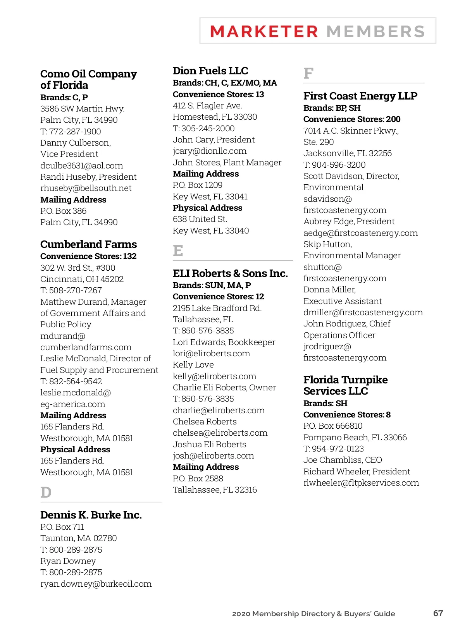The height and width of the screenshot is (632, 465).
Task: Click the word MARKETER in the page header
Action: tap(264, 32)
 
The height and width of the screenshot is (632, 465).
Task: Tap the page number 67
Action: tap(438, 613)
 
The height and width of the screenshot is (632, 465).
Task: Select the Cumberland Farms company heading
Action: tap(88, 244)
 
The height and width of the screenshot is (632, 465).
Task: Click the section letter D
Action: tap(46, 493)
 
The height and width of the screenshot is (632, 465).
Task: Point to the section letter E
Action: tap(178, 251)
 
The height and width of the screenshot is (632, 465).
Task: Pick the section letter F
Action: tap(308, 73)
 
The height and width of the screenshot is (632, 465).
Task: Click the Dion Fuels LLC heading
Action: tap(210, 71)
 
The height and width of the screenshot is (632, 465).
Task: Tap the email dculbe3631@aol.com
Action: tap(81, 166)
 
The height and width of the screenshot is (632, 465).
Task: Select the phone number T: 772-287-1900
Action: tap(71, 132)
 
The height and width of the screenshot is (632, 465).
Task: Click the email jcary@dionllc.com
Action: tap(210, 151)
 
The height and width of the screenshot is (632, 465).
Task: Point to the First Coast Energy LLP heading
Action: tap(360, 96)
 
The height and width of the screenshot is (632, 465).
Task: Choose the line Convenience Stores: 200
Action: tap(352, 119)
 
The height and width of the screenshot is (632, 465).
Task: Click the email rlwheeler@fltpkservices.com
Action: tap(361, 483)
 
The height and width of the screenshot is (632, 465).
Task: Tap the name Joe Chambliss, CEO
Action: tap(343, 460)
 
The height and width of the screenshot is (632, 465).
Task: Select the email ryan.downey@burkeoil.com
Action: tap(96, 584)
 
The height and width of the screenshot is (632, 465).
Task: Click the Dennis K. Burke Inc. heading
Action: tap(91, 515)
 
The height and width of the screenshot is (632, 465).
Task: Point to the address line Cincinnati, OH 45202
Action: tap(82, 279)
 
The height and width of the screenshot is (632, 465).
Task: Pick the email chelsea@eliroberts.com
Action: tap(220, 433)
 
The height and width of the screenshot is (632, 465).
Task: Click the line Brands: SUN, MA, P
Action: tap(212, 285)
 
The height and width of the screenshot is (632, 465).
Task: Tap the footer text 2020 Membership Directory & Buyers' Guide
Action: tap(313, 614)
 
